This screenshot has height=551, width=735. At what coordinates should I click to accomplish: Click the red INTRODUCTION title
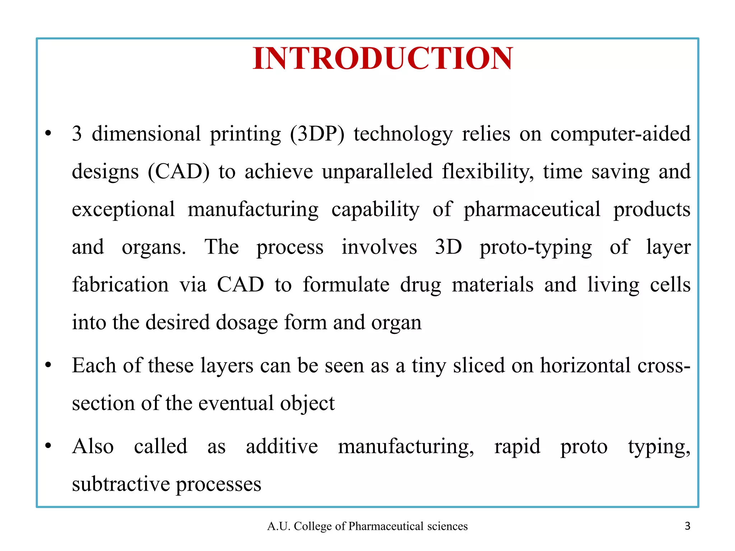coord(383,58)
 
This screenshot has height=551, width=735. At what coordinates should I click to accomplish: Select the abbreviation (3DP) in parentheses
coord(317,134)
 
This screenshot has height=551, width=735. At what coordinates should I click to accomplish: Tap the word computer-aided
coord(620,134)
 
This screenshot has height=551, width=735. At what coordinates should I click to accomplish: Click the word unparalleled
coord(377,172)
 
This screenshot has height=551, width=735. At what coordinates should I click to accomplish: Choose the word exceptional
coord(123,209)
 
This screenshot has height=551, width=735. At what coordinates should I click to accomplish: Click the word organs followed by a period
coord(154,248)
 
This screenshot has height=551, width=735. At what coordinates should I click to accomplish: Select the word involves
coord(379,247)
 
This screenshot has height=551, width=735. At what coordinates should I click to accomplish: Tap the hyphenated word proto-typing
coord(535,248)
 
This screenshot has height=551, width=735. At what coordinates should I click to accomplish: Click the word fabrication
coord(120,285)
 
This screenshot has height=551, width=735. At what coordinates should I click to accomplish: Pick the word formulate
coord(346,285)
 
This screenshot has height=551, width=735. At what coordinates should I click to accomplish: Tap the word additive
coord(282,447)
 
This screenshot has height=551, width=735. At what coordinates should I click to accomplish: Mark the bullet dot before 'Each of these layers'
coord(48,366)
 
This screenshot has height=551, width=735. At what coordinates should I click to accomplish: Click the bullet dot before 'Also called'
coord(48,446)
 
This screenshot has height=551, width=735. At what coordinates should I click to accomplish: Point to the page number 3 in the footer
coord(687,526)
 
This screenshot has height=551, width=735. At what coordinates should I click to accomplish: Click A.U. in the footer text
coord(279,526)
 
